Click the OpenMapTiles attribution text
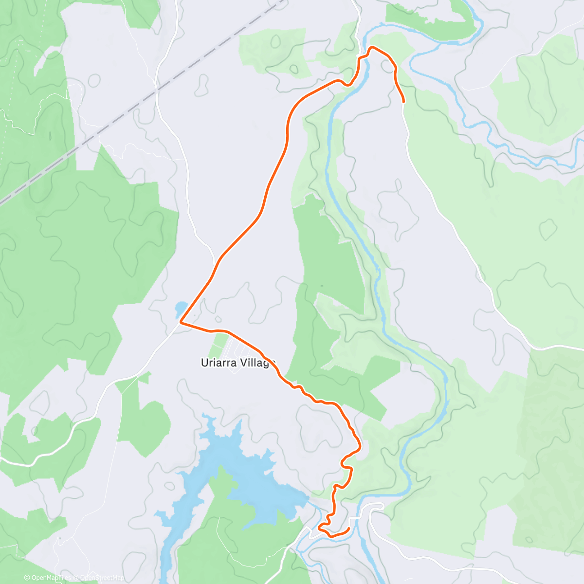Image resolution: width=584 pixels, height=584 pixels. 49,578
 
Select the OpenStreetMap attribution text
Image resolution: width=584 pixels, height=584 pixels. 100,578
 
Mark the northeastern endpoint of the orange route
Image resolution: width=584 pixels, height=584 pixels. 403,101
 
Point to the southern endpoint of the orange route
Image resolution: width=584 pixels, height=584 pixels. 349,529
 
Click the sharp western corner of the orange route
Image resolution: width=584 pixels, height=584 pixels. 181,322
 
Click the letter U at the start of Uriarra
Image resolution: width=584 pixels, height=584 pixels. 204,363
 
